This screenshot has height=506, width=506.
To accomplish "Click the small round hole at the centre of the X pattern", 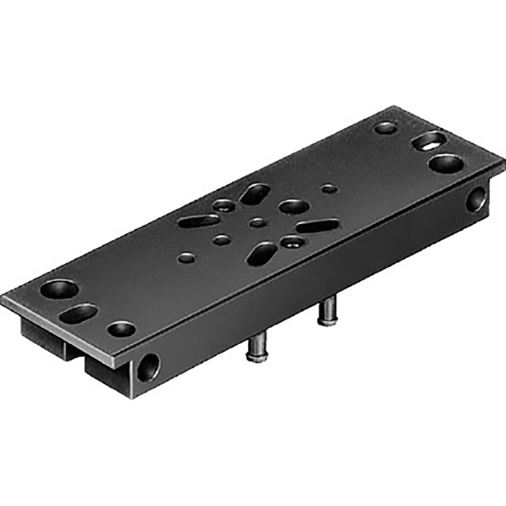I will click(257, 223).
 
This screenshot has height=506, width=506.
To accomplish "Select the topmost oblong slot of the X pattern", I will click(255, 193).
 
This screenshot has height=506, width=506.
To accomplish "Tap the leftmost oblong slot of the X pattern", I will click(199, 220).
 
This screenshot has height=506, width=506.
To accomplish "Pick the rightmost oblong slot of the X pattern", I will click(317, 226).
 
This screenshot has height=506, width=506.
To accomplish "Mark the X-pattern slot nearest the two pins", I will click(262, 253).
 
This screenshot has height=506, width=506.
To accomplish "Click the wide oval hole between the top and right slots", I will click(293, 207).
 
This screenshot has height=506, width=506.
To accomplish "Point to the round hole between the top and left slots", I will click(224, 206).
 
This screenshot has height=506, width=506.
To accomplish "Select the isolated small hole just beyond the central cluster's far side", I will click(329, 189).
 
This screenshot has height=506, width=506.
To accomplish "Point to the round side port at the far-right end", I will click(476, 199).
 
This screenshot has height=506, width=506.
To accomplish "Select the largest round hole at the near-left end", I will click(59, 290).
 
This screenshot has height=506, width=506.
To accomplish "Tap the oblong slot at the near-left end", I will click(79, 314).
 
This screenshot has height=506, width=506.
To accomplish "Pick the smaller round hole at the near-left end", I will click(121, 329).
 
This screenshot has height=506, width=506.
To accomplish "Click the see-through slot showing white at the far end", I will click(429, 141).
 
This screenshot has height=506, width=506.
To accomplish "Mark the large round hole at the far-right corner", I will click(445, 163).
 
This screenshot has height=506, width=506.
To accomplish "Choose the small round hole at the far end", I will click(385, 128).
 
